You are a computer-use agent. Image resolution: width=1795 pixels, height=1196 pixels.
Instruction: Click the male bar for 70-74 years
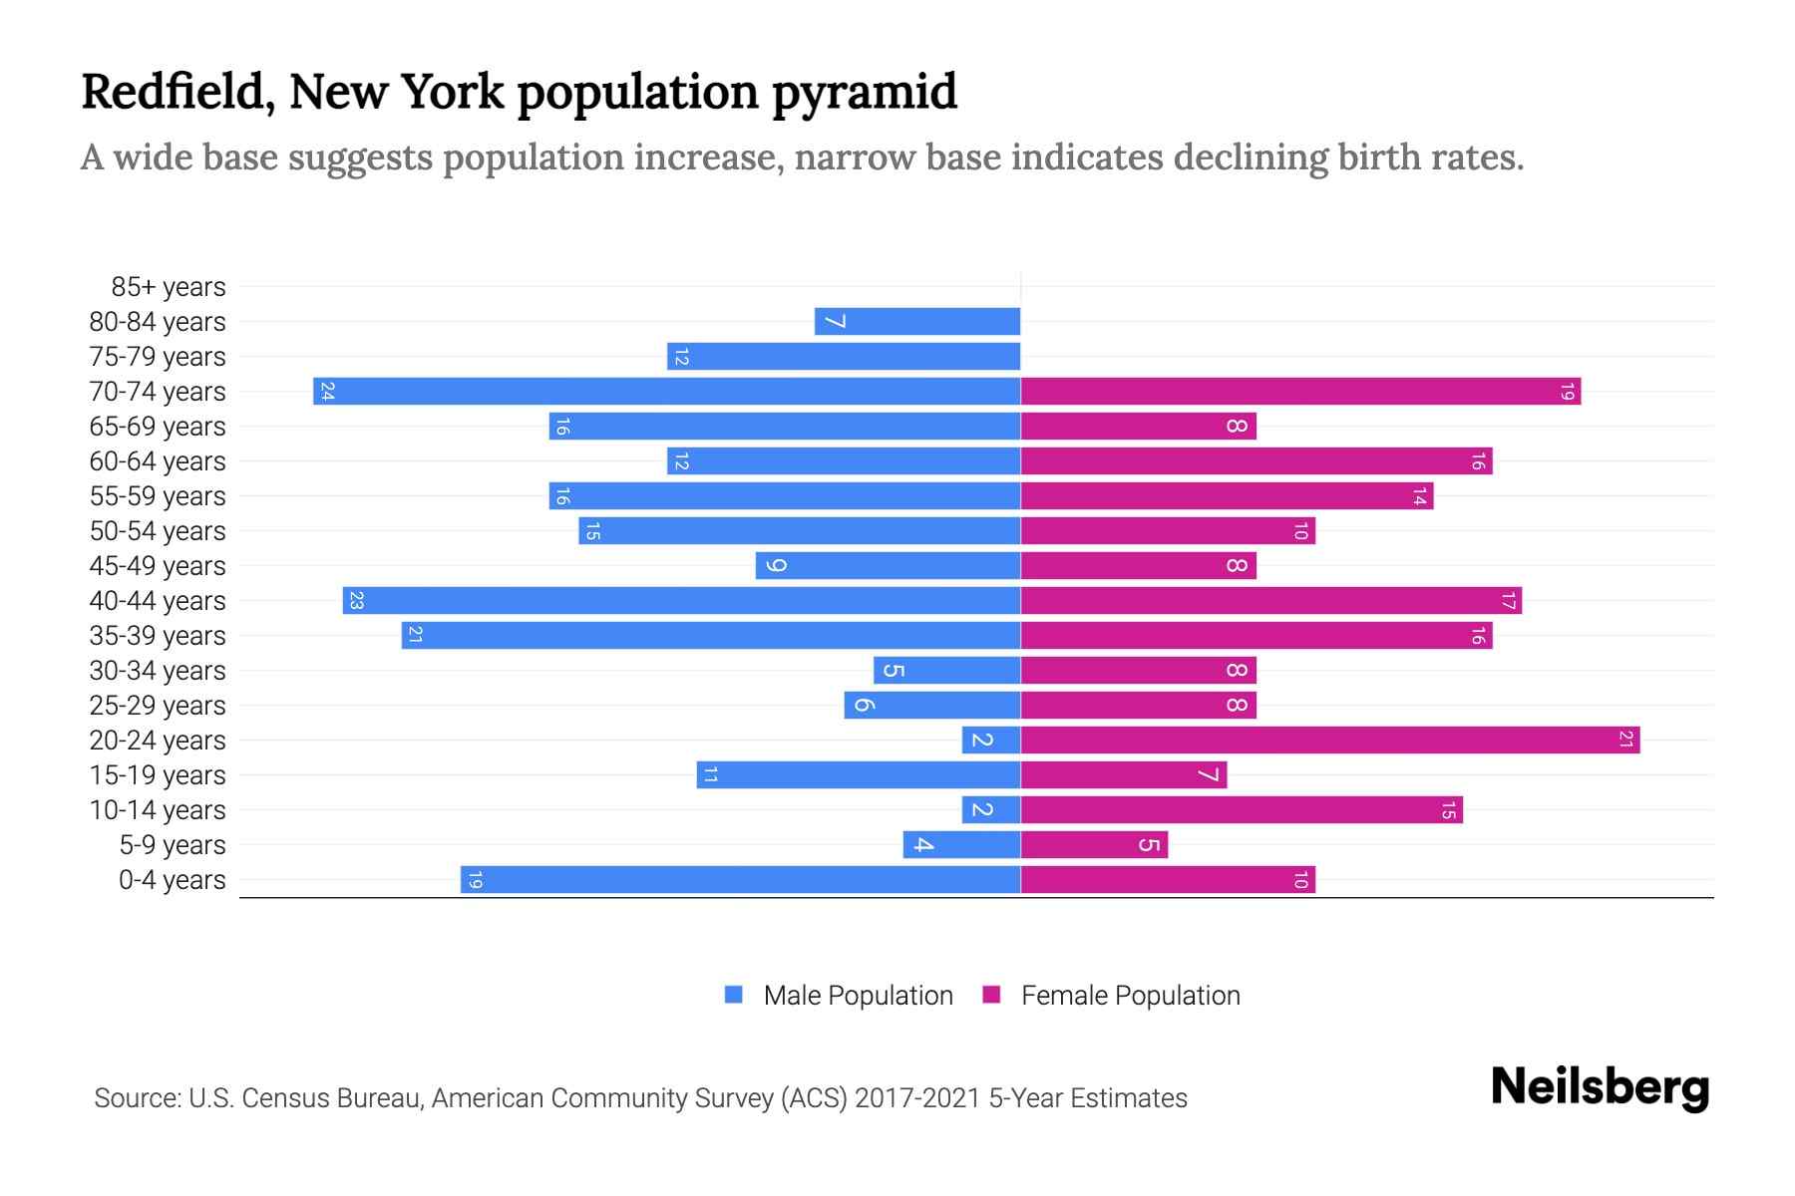666,391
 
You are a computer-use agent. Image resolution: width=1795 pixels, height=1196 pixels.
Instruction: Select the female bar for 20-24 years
1330,740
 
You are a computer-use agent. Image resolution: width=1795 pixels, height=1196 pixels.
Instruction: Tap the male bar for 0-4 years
740,879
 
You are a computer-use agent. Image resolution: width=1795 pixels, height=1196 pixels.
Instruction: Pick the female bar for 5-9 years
1094,844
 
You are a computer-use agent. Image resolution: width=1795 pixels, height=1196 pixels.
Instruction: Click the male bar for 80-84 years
917,321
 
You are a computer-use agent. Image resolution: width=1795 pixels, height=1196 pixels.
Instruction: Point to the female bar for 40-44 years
1271,600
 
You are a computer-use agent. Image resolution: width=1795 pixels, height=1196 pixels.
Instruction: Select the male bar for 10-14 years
991,809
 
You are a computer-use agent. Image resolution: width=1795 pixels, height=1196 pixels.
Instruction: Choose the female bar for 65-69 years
1138,426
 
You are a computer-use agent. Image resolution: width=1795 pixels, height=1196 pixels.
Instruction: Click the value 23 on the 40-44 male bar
356,600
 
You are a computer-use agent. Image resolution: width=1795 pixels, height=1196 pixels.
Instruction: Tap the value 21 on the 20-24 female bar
1625,740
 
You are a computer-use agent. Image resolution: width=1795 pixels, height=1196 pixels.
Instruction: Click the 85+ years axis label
169,287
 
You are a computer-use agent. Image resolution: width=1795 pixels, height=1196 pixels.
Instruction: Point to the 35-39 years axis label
158,636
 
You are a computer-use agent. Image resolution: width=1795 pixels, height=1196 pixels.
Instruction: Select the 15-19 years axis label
158,775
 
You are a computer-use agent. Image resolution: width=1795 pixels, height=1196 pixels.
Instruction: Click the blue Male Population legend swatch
734,995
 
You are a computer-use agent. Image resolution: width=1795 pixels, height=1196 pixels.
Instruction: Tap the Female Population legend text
1130,995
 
